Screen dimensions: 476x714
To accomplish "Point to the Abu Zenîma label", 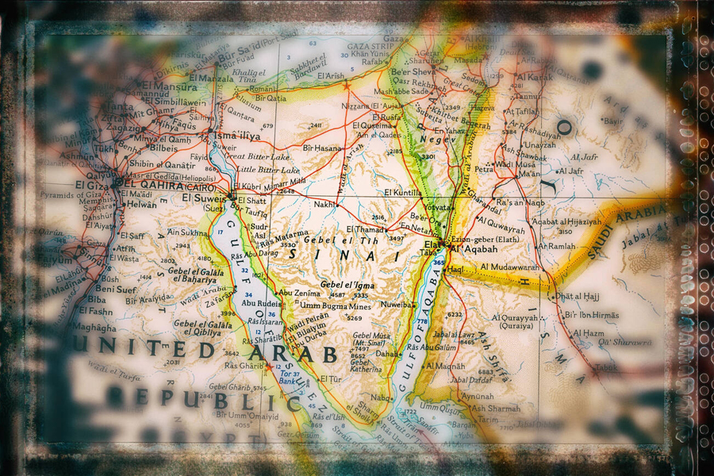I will [x=297, y=293].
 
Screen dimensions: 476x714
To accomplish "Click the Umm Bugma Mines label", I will [x=336, y=305].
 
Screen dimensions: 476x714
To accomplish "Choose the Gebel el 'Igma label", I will [x=347, y=283].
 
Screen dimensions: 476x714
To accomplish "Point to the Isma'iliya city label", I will [x=237, y=136].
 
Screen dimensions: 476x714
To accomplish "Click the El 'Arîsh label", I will [x=331, y=76].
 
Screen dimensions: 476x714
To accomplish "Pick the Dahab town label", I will [x=387, y=354].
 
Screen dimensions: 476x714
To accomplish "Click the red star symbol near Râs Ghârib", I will [x=269, y=367].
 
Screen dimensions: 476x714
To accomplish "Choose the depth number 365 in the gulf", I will [x=438, y=263].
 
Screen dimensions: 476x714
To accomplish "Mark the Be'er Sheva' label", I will [x=412, y=71].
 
